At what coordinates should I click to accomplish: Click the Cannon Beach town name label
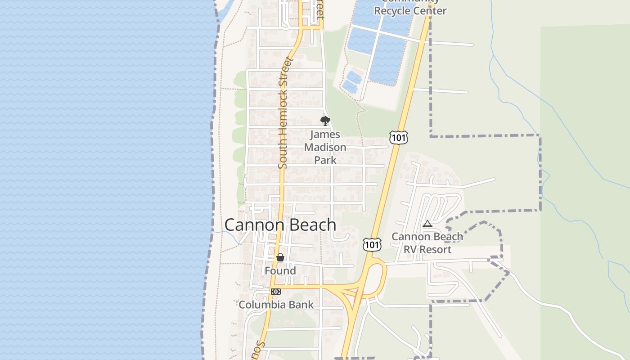pos(280,225)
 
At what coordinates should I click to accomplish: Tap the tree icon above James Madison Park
pos(325,121)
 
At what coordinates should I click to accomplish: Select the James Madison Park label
pos(325,147)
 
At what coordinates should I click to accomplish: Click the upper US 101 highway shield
pos(399,138)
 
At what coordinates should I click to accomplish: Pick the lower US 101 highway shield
pos(372,244)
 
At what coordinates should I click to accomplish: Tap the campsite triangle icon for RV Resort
pos(427,224)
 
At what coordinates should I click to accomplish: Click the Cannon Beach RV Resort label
pos(427,243)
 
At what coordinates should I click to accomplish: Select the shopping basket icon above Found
pos(280,257)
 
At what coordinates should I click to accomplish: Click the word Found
pos(280,270)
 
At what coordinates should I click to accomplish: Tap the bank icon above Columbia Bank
pos(276,292)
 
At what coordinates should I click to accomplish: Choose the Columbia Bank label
pos(276,305)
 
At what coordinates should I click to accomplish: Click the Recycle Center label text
pos(410,10)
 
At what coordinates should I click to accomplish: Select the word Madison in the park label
pos(325,147)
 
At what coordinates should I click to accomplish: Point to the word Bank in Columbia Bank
pos(301,305)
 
